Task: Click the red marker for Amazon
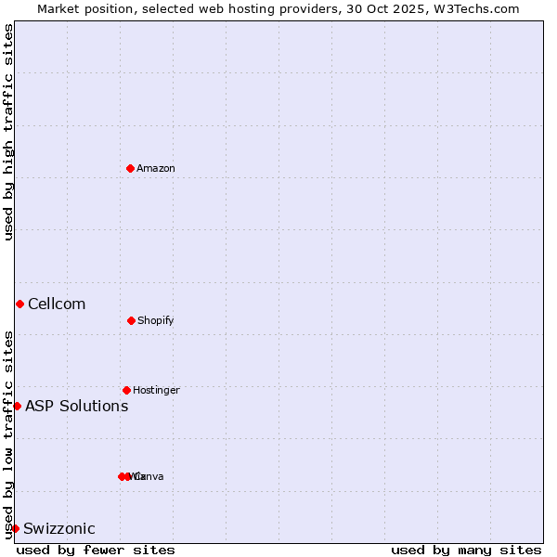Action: pos(130,168)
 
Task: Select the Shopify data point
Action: pos(131,320)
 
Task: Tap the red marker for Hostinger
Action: pos(126,390)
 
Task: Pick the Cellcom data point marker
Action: pos(19,304)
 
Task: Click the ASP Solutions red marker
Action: pos(17,406)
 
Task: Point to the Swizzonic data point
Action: pos(15,528)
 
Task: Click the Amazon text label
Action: pos(156,168)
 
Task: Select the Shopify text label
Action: pos(156,320)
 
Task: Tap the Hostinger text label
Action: pos(156,390)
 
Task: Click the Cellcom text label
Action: pos(57,304)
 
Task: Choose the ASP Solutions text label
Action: pos(77,406)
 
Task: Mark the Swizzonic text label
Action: pos(59,528)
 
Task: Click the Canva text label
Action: pos(150,476)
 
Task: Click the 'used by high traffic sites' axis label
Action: pos(8,132)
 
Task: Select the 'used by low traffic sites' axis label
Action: pos(8,434)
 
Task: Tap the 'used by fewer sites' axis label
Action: pos(96,550)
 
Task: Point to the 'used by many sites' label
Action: pos(466,550)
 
